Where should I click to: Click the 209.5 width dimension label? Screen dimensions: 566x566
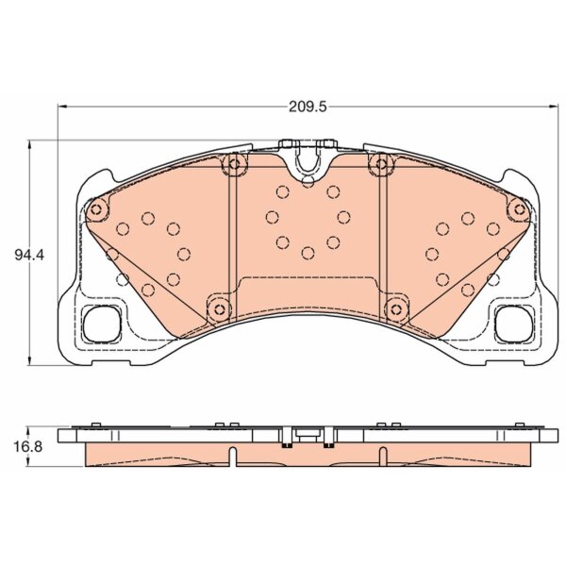[x=308, y=107]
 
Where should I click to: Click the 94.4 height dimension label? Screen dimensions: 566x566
[x=29, y=256]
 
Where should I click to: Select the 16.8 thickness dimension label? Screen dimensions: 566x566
[x=27, y=447]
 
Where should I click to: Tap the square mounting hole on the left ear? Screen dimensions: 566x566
[x=102, y=324]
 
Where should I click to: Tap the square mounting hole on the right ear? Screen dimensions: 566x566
[x=514, y=324]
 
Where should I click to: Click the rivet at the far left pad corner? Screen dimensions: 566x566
[x=96, y=209]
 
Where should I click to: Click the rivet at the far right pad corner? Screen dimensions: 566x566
[x=520, y=209]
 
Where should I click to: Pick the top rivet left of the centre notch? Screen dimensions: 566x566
[x=234, y=164]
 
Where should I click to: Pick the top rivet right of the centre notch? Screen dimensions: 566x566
[x=381, y=164]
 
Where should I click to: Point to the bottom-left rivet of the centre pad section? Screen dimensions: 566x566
[x=219, y=309]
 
